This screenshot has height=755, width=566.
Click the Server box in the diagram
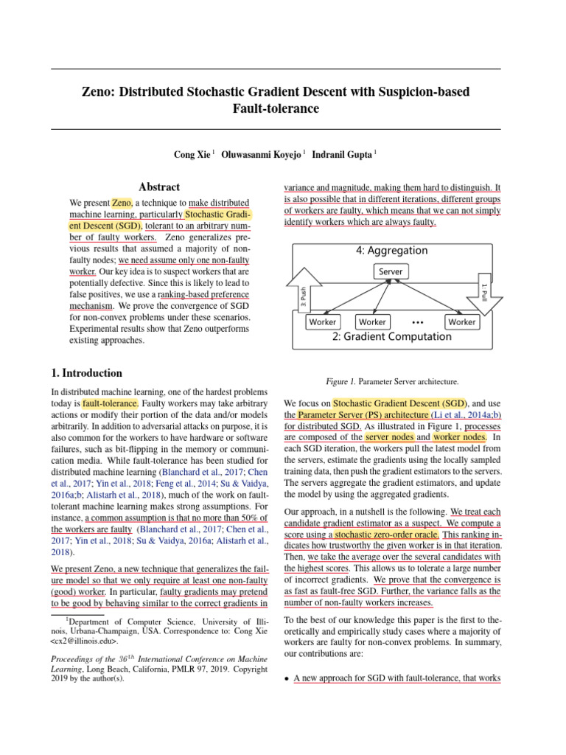pyautogui.click(x=391, y=271)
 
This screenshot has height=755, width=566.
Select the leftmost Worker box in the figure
pyautogui.click(x=322, y=321)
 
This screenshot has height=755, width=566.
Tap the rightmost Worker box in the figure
pyautogui.click(x=461, y=321)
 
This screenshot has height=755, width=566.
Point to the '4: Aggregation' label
pyautogui.click(x=391, y=251)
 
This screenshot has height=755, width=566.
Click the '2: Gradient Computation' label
pyautogui.click(x=391, y=337)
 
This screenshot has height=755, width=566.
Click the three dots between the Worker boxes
pyautogui.click(x=417, y=322)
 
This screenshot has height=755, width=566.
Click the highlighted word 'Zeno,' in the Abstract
pyautogui.click(x=122, y=203)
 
